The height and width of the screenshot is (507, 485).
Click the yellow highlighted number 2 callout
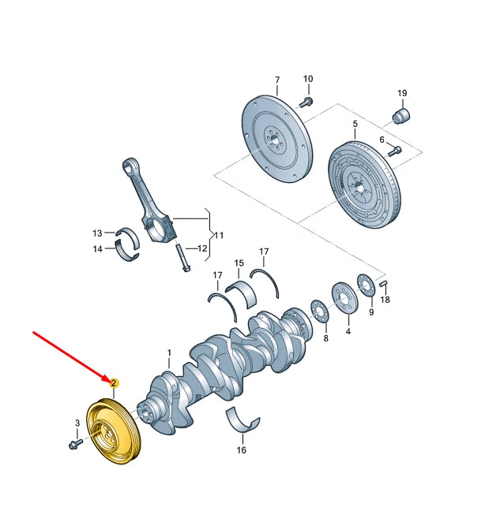pos(115,383)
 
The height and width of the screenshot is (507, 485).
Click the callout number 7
pos(277,80)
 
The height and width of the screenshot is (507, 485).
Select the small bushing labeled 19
pos(403,117)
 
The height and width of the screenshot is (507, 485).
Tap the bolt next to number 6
pos(396,150)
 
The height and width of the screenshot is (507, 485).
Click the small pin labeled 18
pos(383,284)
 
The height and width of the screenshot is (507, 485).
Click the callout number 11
pos(219,235)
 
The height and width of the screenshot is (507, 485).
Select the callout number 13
pos(97,233)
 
